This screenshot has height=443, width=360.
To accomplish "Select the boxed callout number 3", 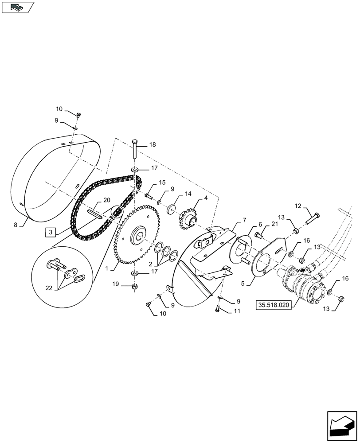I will click(x=51, y=232).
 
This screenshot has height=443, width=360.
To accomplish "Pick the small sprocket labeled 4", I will click(x=189, y=221).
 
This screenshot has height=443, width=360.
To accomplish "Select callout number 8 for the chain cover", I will click(x=16, y=225).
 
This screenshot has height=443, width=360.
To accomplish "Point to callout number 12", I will click(x=298, y=206).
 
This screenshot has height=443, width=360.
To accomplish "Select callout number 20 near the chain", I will click(x=106, y=200).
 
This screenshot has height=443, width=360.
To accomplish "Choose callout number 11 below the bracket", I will click(x=236, y=311).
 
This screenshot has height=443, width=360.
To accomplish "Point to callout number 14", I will click(x=188, y=194).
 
